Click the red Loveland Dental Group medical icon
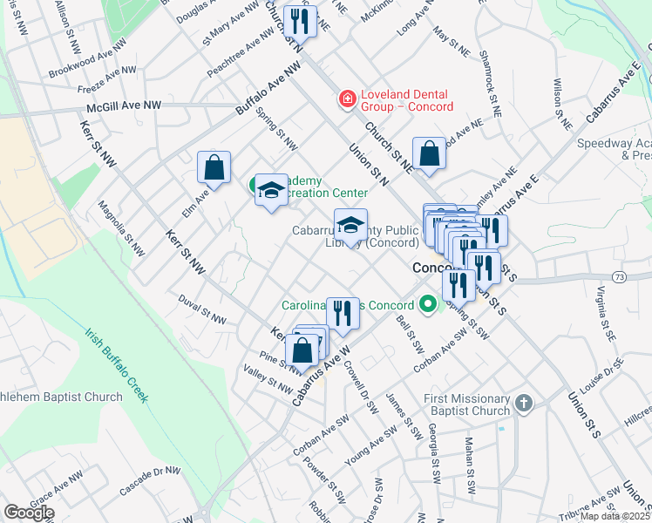347,100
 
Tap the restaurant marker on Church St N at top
301,23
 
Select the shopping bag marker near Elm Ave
214,168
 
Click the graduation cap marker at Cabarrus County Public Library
350,226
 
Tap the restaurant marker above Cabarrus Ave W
343,313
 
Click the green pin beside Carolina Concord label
427,306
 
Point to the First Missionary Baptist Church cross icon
522,403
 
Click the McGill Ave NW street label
124,105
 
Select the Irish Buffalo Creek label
115,364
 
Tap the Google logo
29,513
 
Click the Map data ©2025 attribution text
615,516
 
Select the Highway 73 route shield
618,276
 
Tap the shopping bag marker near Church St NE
429,154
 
